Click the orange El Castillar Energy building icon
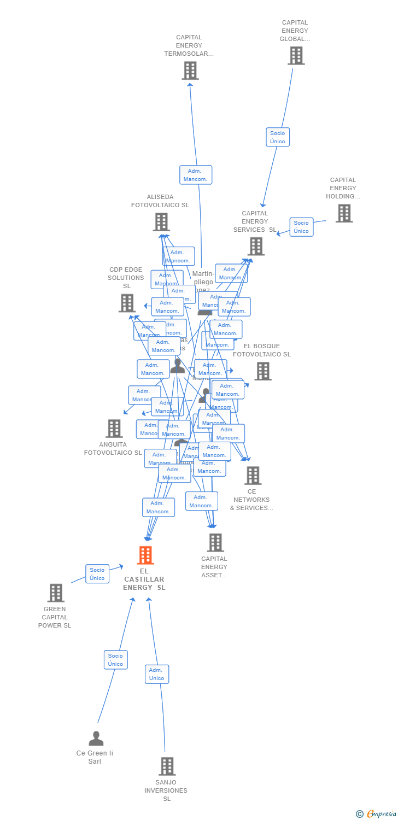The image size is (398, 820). click(145, 555)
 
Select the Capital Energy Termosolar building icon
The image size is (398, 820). click(190, 71)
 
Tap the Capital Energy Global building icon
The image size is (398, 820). click(296, 56)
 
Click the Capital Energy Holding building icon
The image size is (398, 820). click(344, 213)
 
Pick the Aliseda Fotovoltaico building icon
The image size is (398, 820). click(161, 222)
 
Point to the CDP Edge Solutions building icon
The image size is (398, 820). click(127, 303)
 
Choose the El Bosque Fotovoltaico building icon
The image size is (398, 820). click(263, 371)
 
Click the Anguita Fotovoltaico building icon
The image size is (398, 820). click(114, 429)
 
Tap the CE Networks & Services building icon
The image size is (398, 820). click(253, 476)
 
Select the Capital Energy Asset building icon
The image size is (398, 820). click(215, 543)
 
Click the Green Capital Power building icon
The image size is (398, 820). click(56, 593)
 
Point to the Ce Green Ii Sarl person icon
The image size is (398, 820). click(96, 739)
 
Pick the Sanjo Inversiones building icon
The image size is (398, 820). click(167, 766)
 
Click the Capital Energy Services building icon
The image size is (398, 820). click(256, 247)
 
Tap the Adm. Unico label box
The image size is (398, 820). click(157, 674)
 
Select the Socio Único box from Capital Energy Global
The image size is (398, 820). click(278, 137)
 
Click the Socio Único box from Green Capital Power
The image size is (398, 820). click(97, 574)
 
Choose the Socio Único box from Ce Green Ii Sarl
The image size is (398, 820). click(115, 660)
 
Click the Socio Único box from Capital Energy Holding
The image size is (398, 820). click(301, 227)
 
